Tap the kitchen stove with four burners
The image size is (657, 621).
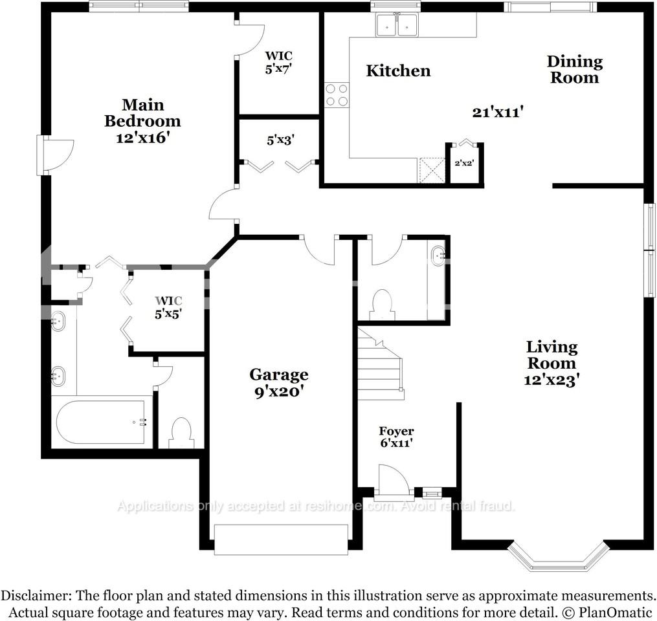tap(337, 95)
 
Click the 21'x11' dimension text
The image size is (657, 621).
tap(497, 112)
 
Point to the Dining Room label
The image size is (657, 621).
tap(574, 69)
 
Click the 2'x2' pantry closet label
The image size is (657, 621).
tap(464, 164)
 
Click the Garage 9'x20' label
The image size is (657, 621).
tap(279, 382)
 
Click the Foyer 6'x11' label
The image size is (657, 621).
tap(396, 437)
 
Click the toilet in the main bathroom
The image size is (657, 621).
tap(181, 433)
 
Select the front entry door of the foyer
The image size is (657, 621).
tap(394, 484)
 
